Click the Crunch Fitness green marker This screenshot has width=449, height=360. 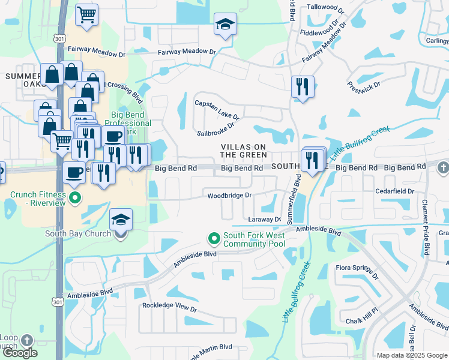(x=74, y=197)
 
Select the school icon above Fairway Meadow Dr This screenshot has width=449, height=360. (x=225, y=25)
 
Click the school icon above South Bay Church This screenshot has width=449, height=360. (x=121, y=220)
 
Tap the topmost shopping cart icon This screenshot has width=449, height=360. (x=87, y=14)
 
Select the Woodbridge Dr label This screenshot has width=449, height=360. (x=229, y=196)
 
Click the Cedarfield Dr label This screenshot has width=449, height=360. (x=394, y=191)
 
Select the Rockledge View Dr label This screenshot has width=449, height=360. (x=169, y=307)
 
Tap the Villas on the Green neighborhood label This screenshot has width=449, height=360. (x=243, y=151)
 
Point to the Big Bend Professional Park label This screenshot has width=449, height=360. (x=131, y=122)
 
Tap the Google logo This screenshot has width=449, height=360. (x=20, y=353)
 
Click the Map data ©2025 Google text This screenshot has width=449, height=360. (x=412, y=355)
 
